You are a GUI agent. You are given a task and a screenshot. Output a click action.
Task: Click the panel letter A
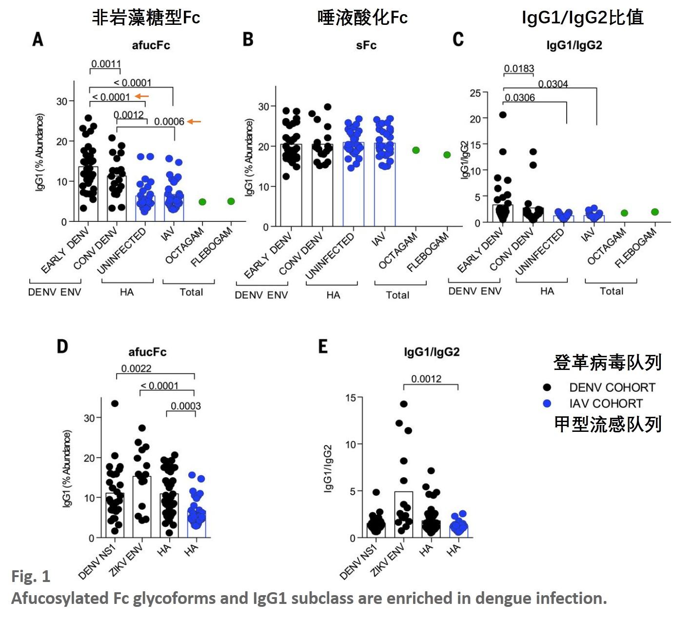pos(38,39)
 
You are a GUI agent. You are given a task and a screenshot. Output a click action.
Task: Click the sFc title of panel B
pos(366,45)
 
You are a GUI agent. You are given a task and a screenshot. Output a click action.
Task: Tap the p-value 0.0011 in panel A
pos(106,64)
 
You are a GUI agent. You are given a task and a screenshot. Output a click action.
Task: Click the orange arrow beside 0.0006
pos(194,121)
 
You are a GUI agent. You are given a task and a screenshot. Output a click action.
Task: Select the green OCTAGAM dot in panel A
pos(202,202)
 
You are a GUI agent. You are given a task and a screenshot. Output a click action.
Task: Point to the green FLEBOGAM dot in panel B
pos(447,155)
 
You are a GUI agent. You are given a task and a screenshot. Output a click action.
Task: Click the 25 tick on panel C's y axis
pos(475,93)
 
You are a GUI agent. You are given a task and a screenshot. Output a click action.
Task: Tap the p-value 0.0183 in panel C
pos(519,69)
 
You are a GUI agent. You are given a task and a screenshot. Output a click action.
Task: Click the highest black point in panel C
pos(503,115)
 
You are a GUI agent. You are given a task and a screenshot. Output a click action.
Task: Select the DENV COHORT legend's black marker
pos(547,387)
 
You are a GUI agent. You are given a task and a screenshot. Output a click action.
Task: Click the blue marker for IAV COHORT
pos(547,404)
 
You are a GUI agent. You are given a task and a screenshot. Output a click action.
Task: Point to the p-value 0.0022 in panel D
pos(136,368)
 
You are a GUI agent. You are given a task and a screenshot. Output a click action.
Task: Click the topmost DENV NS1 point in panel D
pos(115,404)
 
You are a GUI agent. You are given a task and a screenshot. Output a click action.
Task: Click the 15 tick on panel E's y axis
pos(351,398)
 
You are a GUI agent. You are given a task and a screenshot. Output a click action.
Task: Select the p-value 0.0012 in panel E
pos(426,379)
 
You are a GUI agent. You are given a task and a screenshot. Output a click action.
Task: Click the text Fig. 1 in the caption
pos(31,577)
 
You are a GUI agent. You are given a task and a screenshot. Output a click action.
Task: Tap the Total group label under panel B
pos(397,295)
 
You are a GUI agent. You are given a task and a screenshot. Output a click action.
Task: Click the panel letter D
pos(62,347)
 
